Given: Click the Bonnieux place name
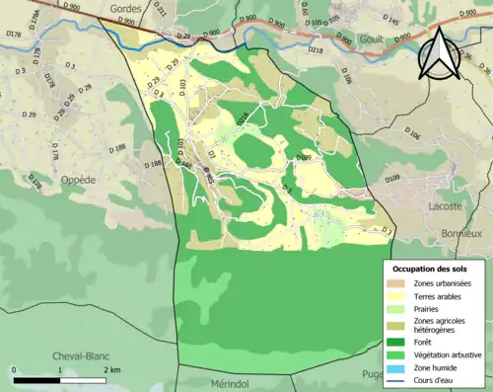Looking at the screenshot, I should click(464, 233).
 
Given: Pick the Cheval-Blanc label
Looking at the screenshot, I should click(83, 357).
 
